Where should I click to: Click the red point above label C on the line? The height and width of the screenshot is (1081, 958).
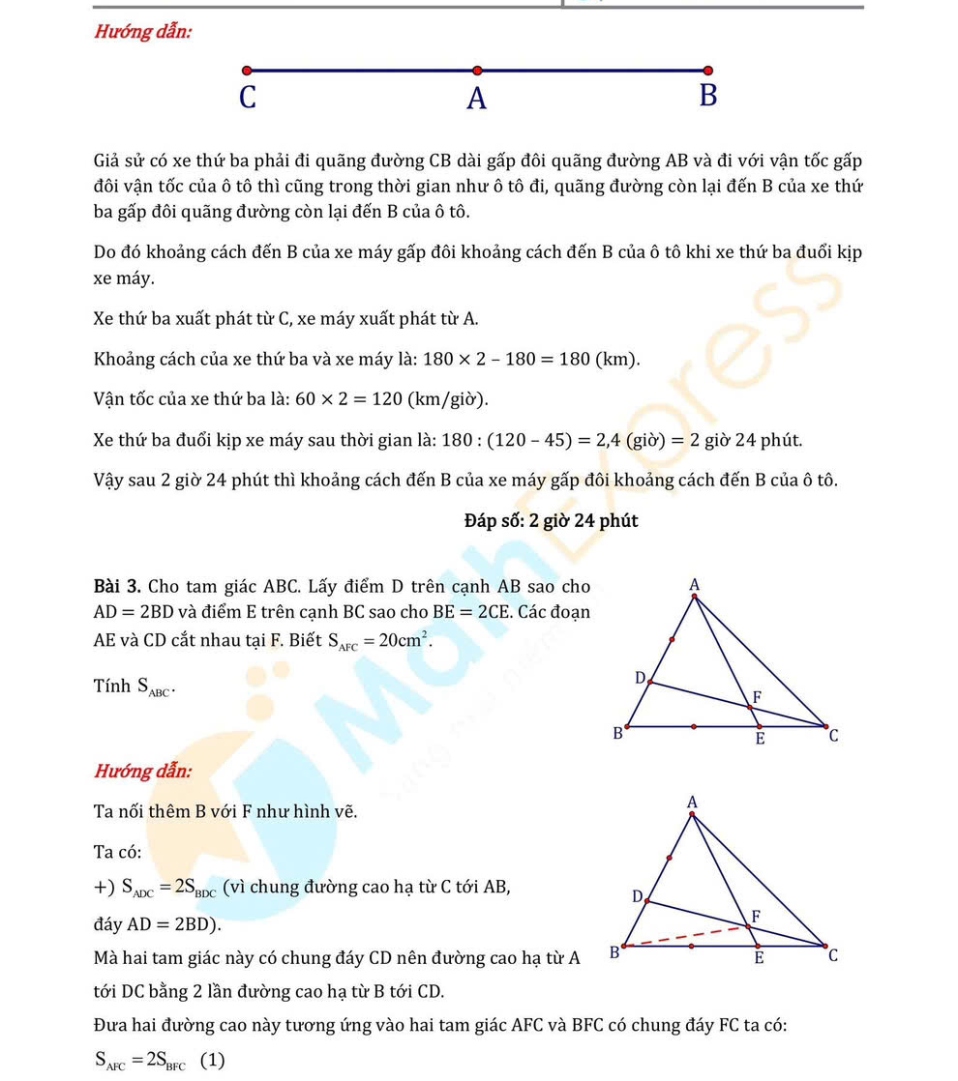247,71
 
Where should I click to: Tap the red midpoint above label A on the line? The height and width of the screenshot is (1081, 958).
477,71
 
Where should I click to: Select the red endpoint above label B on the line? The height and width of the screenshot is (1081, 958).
707,71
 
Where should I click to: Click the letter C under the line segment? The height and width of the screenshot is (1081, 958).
248,98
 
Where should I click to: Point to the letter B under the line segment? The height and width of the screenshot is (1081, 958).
707,97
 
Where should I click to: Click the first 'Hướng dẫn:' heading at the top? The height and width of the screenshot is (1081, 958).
142,32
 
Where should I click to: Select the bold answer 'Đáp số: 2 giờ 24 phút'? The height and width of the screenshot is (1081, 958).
551,521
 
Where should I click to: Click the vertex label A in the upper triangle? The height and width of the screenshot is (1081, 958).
694,584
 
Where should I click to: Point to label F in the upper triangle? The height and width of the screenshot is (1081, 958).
757,697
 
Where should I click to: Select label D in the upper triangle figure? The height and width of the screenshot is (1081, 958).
640,678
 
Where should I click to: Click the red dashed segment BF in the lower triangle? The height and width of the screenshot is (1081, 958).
687,936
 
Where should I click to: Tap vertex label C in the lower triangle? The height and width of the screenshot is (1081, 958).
833,957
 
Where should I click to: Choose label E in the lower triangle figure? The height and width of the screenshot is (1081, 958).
760,960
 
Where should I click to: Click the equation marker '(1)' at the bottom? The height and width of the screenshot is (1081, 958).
213,1060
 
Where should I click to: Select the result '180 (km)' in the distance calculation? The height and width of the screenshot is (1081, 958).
601,360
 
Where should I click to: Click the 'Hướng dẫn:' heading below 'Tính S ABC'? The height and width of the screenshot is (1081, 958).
142,772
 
